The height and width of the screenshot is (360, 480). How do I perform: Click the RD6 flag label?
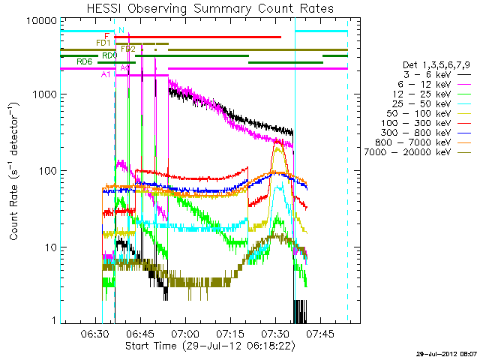pos(85,61)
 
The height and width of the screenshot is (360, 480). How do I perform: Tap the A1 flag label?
pos(106,74)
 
